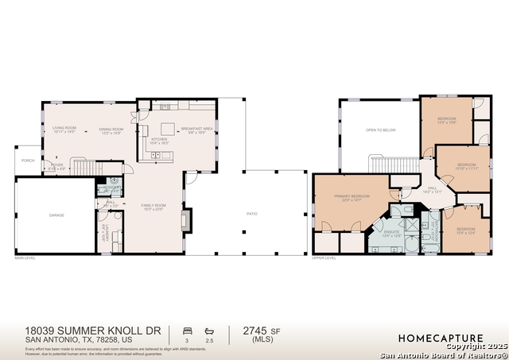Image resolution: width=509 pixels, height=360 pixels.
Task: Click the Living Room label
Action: pos(64,130)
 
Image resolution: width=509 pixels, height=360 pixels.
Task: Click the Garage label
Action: pos(56,215)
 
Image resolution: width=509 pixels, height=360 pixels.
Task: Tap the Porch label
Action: pos(28,160)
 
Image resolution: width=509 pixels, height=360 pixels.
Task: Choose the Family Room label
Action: pos(153,207)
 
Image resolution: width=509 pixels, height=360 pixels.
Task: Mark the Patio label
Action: pos(252,213)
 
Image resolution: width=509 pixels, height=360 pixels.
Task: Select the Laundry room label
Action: pos(104,231)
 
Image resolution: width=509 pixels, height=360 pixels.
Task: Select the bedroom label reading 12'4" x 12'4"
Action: pos(466,230)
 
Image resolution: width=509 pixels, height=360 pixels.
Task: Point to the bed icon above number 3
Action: pos(186,329)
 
